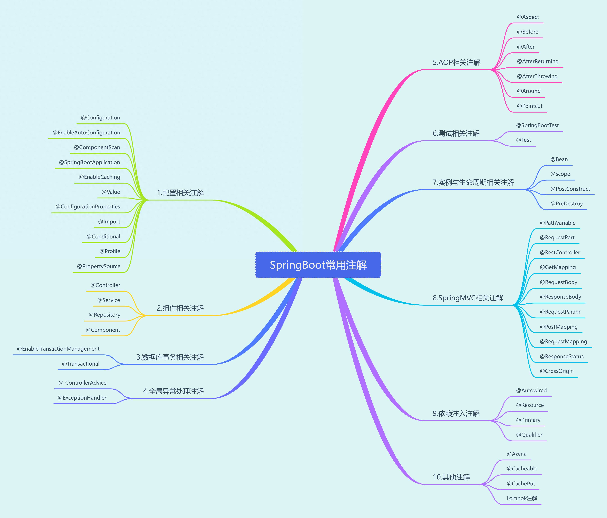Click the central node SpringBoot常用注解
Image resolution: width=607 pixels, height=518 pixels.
[x=318, y=265]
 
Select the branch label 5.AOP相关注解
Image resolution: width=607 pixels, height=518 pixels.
[x=456, y=62]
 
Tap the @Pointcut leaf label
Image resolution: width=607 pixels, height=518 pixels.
[x=530, y=106]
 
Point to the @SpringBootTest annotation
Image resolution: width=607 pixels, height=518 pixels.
[x=537, y=125]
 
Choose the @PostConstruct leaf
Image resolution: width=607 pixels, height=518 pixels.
[x=570, y=189]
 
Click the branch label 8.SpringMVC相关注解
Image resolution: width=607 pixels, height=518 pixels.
[x=468, y=298]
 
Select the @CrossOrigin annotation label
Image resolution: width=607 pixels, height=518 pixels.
[x=557, y=371]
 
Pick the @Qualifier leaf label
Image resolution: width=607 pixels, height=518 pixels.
[x=529, y=435]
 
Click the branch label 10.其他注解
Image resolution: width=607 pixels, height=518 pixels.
[x=451, y=477]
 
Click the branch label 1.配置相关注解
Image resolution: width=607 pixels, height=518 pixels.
[x=180, y=193]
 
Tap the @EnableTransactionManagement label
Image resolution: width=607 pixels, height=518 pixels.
[x=58, y=349]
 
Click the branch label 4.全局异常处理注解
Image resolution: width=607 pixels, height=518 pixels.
[x=173, y=391]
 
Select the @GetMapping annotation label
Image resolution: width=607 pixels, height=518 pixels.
[x=558, y=267]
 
